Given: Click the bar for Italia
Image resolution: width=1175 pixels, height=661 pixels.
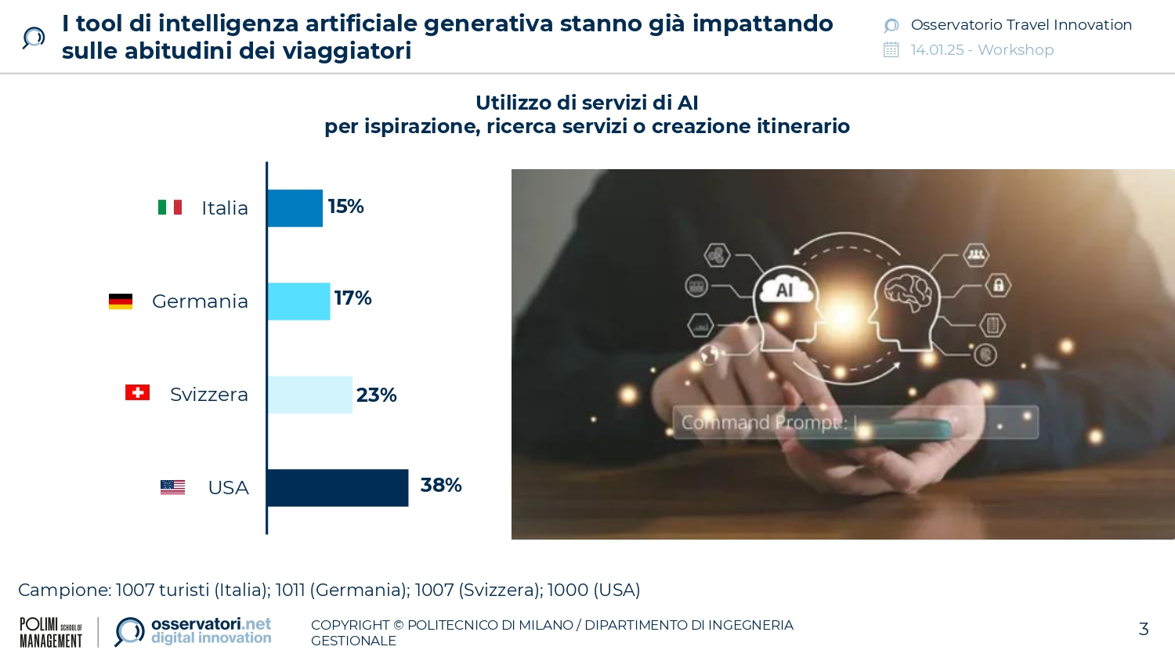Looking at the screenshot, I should click(295, 208).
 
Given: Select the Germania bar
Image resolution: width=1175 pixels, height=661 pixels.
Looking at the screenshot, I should click(298, 302).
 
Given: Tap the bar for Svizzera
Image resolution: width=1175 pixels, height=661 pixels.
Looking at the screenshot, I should click(309, 395).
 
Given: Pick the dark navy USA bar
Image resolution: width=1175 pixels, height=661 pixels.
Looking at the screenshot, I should click(338, 488).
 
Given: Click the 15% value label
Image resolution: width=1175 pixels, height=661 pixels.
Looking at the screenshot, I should click(345, 207).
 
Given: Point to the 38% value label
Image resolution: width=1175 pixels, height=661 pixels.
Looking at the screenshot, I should click(441, 486).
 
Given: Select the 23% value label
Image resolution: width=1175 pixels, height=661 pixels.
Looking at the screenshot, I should click(376, 396).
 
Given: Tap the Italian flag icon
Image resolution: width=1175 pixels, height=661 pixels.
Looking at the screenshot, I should click(170, 208).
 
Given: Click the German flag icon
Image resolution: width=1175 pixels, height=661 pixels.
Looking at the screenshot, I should click(121, 302).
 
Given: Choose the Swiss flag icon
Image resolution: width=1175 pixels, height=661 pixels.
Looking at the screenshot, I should click(137, 392).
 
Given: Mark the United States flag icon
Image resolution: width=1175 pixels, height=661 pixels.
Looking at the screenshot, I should click(172, 487).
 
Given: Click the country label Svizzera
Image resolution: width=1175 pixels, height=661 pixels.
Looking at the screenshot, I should click(209, 395).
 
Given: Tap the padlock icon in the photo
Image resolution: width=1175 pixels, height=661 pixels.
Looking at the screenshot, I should click(998, 285).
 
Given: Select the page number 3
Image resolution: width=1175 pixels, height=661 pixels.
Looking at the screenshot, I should click(1144, 629).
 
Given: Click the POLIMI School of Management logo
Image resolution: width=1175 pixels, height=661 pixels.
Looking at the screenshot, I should click(51, 632).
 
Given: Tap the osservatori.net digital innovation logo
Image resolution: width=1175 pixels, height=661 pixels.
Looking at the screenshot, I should click(193, 631).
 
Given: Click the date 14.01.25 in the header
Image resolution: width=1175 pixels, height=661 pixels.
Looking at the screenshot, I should click(937, 50).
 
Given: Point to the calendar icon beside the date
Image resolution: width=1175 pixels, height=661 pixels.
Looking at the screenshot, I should click(891, 50).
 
